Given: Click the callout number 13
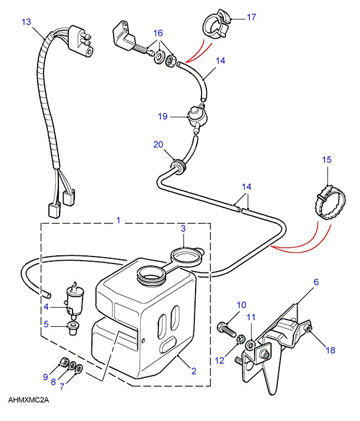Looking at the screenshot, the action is (x=27, y=22).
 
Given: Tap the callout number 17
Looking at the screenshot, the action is (x=252, y=17).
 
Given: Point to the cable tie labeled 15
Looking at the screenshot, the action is (x=330, y=203).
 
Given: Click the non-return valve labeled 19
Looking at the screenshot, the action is (x=197, y=117).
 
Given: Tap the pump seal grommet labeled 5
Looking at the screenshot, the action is (x=71, y=328).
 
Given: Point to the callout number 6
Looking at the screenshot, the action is (x=316, y=282).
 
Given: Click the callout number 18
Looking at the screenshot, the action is (x=331, y=350).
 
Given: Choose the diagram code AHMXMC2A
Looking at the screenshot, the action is (x=28, y=400).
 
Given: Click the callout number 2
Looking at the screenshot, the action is (x=194, y=371).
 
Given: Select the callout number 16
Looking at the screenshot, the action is (x=158, y=33).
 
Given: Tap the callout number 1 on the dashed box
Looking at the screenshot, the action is (x=118, y=220).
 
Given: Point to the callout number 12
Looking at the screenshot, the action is (x=219, y=360).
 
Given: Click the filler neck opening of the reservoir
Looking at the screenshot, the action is (x=151, y=275).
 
